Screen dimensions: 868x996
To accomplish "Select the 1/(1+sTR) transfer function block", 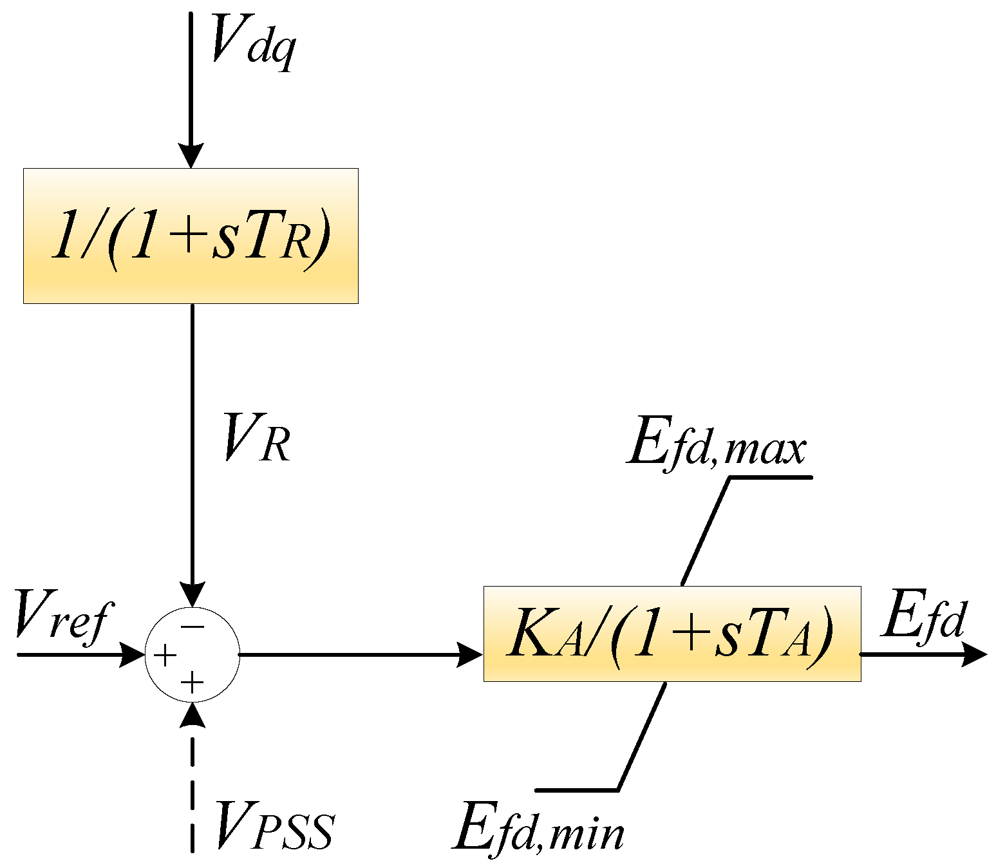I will (x=191, y=236).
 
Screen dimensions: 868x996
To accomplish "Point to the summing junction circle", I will (x=193, y=655).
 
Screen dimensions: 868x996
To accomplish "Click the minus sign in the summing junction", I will (x=193, y=626).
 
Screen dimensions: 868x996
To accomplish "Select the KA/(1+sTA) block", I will (x=672, y=634).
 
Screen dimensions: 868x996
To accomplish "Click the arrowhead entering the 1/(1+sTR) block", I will (x=191, y=155).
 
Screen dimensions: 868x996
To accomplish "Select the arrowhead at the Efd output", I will (x=973, y=655).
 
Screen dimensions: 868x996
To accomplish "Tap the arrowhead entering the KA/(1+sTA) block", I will (x=469, y=655).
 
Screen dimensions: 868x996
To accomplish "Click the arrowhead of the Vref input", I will (x=133, y=655).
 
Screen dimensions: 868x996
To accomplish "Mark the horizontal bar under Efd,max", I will (x=771, y=477).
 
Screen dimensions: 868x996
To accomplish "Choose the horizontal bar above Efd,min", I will (x=576, y=789).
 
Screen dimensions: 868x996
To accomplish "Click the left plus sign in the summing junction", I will (x=165, y=656).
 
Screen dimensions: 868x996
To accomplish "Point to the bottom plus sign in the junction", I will (x=192, y=683).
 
